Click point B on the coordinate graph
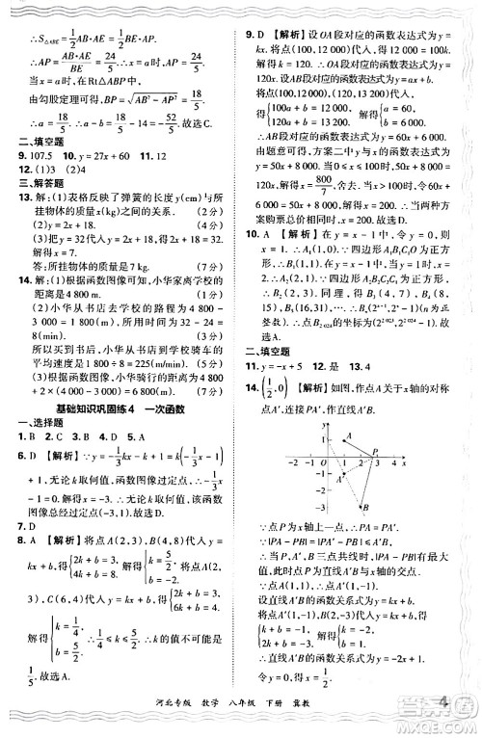[363, 507]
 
